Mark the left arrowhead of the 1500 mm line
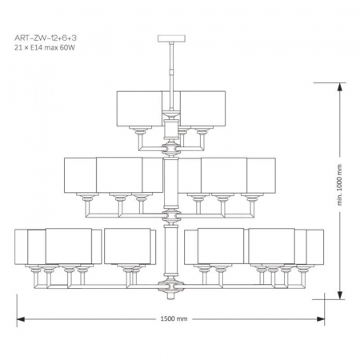tap(20, 318)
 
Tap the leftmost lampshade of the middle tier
tap(80, 174)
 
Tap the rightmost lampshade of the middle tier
tap(261, 174)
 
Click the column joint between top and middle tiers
tap(170, 148)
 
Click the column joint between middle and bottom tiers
tap(170, 216)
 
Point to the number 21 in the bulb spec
tap(19, 48)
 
